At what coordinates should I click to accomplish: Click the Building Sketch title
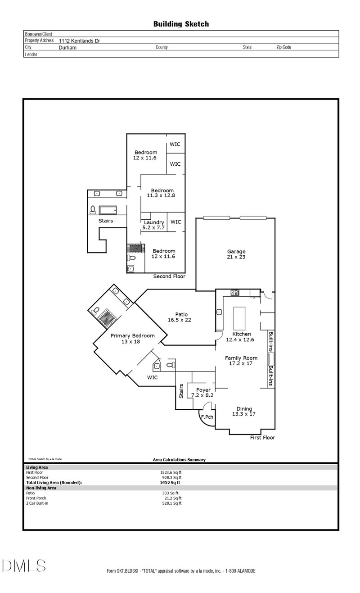point(181,24)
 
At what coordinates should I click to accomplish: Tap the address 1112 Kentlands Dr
point(79,41)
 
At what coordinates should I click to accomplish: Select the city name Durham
point(67,48)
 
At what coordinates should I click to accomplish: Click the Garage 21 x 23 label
point(236,254)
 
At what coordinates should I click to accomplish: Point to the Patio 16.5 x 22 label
point(180,317)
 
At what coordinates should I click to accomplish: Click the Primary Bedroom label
point(132,336)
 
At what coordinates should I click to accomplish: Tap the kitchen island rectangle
point(239,318)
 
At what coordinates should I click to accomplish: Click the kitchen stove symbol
point(235,293)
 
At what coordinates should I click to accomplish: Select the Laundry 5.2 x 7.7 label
point(154,225)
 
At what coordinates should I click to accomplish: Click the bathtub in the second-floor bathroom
point(108,210)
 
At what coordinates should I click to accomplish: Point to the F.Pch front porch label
point(207,417)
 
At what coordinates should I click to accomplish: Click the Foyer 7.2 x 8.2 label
point(202,393)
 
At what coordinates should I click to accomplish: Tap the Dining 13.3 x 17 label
point(244,412)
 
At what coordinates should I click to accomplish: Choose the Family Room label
point(241,358)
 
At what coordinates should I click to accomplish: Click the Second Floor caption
point(169,276)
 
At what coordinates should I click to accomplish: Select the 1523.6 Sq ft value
point(171,472)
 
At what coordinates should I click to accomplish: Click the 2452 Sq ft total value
point(170,483)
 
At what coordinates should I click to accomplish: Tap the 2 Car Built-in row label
point(37,503)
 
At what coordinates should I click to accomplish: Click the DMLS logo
point(24,566)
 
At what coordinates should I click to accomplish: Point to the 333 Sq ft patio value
point(171,493)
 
